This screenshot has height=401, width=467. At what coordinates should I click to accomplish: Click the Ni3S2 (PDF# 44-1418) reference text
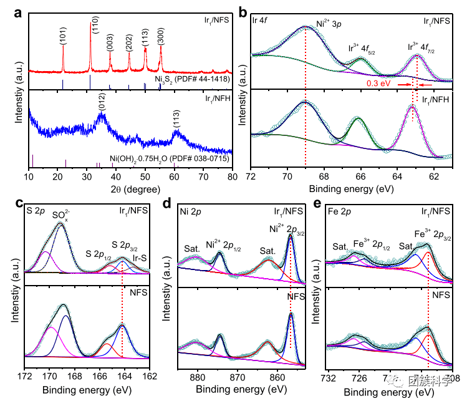pyautogui.click(x=193, y=79)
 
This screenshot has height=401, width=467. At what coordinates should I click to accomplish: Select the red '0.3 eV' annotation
pyautogui.click(x=378, y=83)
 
